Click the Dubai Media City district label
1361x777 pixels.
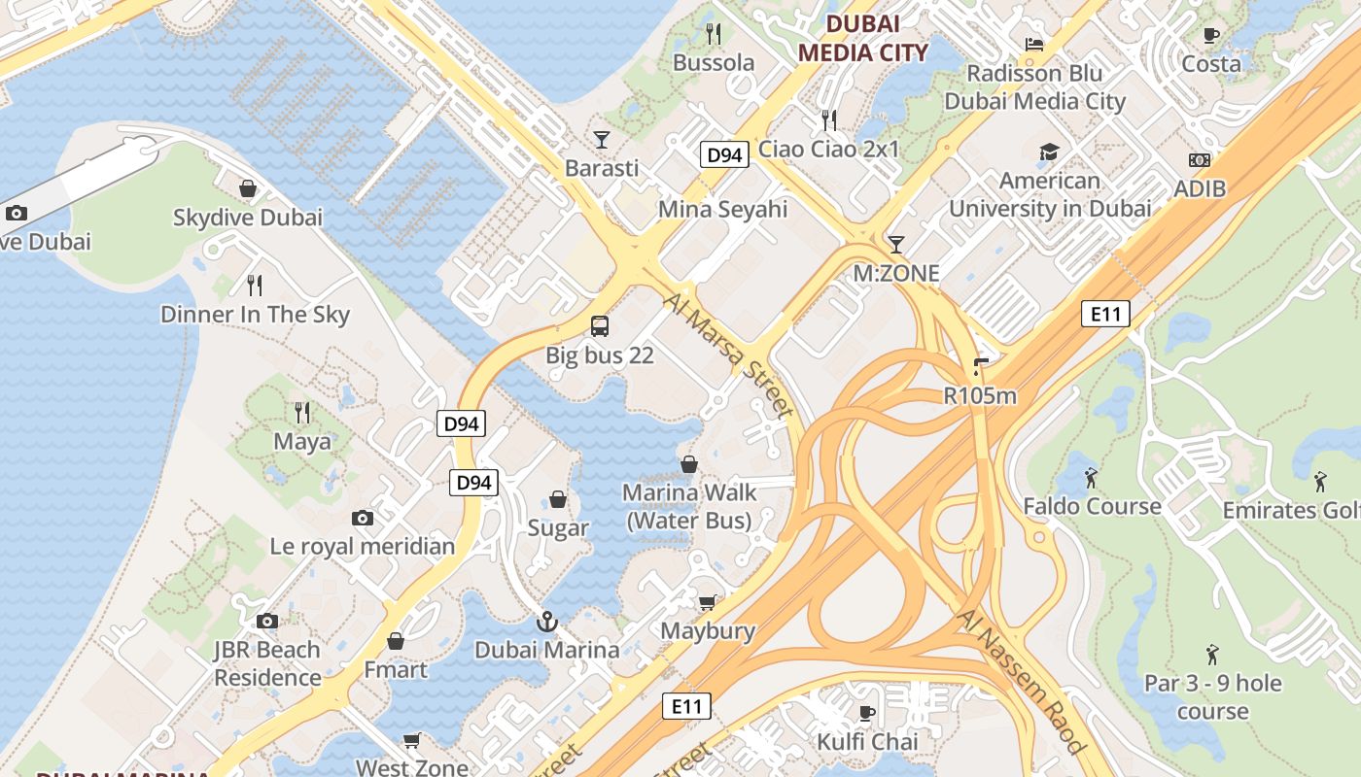coord(862,38)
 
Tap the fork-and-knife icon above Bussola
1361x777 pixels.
coord(714,34)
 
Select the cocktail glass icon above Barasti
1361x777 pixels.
coord(602,140)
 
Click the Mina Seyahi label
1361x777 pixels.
coord(723,209)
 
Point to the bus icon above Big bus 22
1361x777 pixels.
coord(600,326)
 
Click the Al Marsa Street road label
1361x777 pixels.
coord(730,354)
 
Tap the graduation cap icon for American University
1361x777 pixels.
coord(1049,152)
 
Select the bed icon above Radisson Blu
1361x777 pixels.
coord(1034,45)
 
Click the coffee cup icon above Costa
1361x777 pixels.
coord(1210,35)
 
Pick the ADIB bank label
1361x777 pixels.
coord(1200,188)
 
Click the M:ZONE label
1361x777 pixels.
coord(896,273)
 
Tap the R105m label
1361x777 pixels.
coord(980,395)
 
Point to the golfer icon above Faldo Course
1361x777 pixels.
coord(1091,477)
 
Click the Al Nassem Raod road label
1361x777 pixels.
coord(1021,680)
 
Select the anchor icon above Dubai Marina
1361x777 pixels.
coord(547,621)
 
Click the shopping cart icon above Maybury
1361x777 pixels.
coord(708,602)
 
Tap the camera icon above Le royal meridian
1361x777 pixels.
coord(363,518)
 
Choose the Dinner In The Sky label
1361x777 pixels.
coord(255,314)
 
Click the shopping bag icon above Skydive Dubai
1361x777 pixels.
coord(248,188)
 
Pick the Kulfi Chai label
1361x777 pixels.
coord(867,741)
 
